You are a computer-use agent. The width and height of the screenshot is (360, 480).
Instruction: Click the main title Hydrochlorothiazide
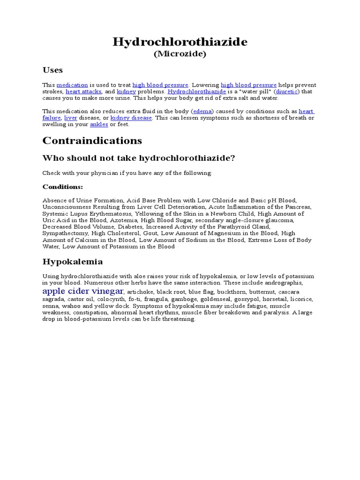(x=180, y=42)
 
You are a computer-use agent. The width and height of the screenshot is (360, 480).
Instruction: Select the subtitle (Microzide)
(x=180, y=54)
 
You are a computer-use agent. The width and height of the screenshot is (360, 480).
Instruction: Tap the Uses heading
(x=52, y=70)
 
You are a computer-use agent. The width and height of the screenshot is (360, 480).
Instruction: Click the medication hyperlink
(x=72, y=85)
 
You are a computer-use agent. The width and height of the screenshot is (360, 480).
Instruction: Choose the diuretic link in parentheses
(x=287, y=91)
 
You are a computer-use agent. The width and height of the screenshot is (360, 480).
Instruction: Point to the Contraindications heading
(x=92, y=141)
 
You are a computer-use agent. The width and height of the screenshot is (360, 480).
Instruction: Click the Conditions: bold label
(x=63, y=187)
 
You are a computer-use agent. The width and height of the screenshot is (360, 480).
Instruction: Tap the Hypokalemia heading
(x=73, y=261)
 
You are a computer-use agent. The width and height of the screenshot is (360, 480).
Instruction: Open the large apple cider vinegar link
(x=83, y=291)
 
